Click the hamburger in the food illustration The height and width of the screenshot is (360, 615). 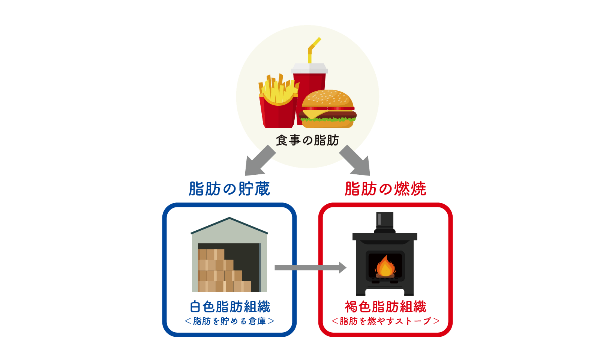point(327,109)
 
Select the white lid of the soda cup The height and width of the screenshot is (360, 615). point(309,69)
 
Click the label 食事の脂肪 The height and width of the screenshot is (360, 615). point(307,140)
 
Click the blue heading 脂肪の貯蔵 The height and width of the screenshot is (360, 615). point(229,189)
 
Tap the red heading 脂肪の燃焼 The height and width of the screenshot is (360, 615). point(385,189)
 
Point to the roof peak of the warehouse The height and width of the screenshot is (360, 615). point(229,218)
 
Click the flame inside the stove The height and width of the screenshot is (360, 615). point(385,266)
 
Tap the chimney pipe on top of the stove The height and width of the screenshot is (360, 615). point(385,221)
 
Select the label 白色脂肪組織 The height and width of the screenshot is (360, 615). point(230,307)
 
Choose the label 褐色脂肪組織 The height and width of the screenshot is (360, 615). point(385,307)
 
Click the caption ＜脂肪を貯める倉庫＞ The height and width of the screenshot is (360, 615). point(229,321)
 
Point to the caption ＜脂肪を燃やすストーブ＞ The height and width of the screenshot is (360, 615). point(385,321)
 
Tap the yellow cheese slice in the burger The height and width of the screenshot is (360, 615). point(313,113)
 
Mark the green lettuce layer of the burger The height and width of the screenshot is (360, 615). point(328,120)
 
